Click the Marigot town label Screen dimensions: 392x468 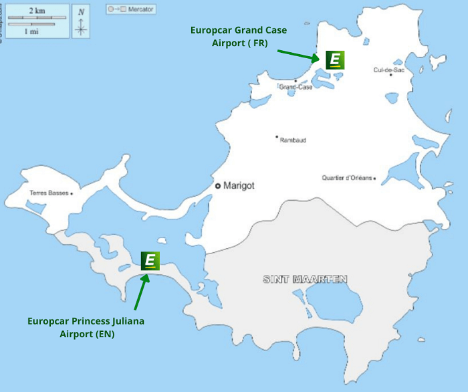(x=239, y=185)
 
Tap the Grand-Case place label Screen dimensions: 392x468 (x=296, y=87)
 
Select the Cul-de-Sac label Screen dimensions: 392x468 (x=388, y=70)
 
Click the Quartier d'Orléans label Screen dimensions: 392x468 (x=348, y=178)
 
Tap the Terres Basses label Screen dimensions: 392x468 (x=49, y=193)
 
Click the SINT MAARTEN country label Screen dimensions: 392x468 (x=305, y=279)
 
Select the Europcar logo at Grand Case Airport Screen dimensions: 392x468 (x=335, y=60)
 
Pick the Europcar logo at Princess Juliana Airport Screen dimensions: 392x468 (x=150, y=260)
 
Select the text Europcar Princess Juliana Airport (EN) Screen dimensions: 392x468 (x=86, y=327)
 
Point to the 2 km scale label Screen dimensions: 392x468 (x=37, y=11)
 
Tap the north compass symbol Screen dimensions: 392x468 (x=81, y=21)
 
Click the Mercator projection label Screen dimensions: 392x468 (x=138, y=9)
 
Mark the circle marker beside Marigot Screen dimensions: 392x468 (x=217, y=185)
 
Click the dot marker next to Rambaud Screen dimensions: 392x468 (x=276, y=136)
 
